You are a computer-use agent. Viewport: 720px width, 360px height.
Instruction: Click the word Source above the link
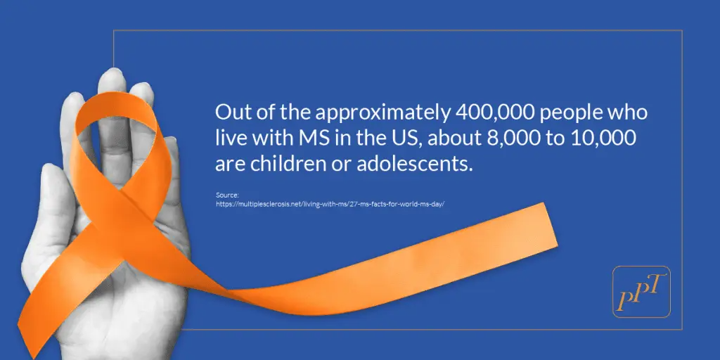(x=225, y=195)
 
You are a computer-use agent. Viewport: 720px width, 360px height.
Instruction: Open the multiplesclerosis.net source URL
(x=330, y=203)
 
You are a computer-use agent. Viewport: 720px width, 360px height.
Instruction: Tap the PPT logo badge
(x=641, y=292)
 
